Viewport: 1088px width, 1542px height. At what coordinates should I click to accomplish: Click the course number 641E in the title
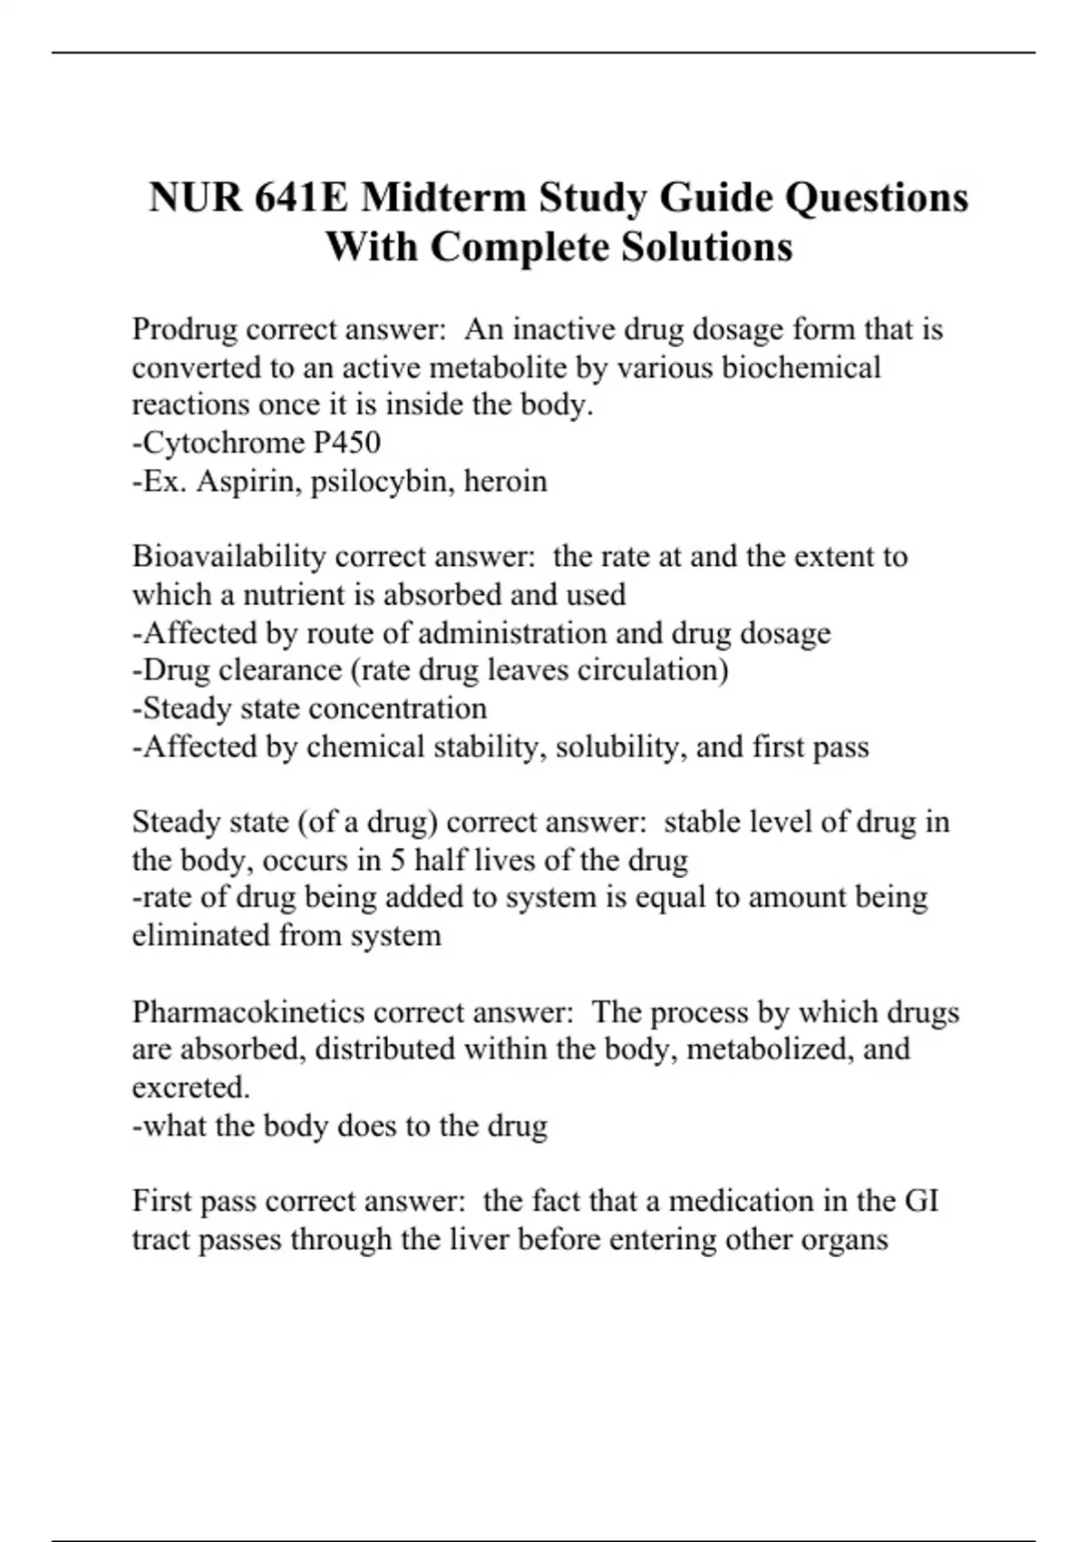point(300,198)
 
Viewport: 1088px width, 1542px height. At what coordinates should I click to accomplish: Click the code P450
point(346,443)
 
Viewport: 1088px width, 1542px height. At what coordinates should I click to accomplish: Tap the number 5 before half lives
point(397,860)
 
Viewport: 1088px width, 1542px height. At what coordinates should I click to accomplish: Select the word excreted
point(190,1088)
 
